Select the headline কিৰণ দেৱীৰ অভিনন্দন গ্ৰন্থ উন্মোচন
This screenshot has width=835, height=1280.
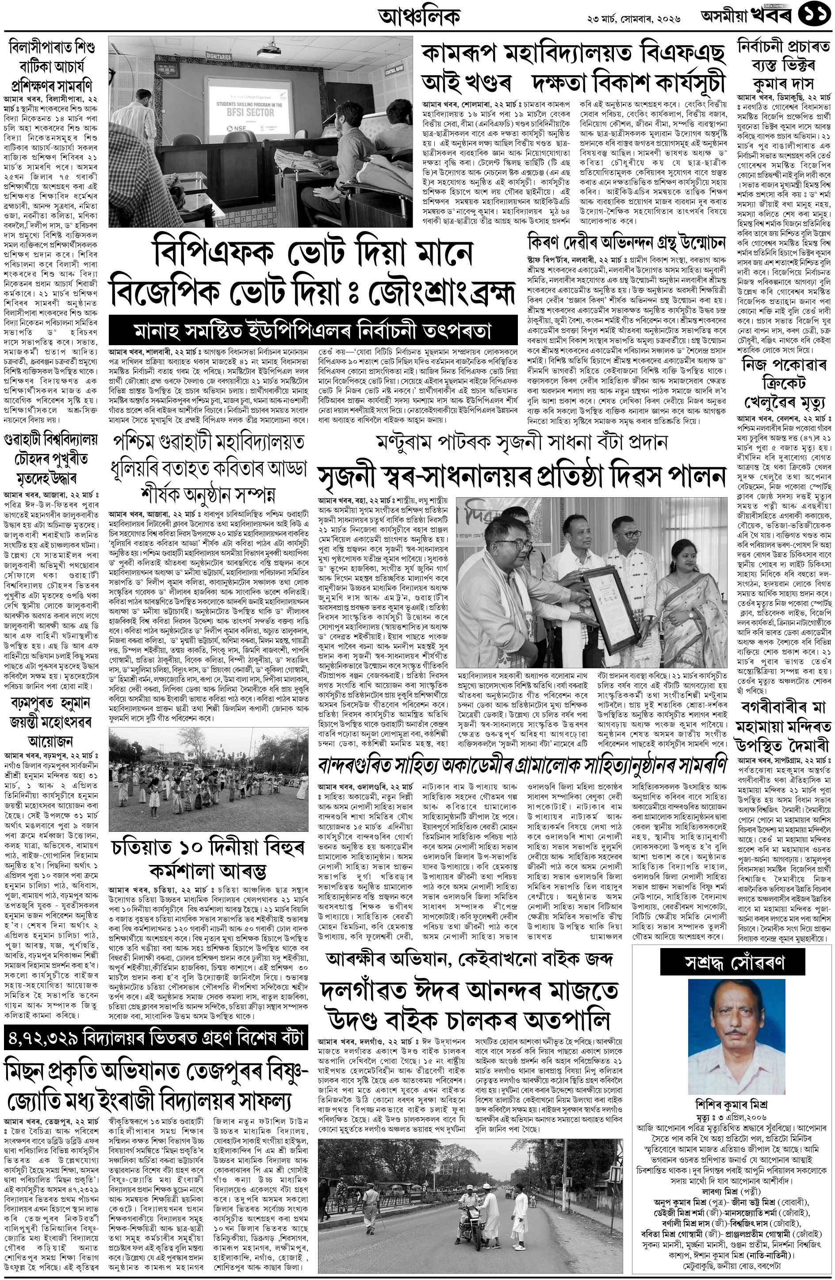pyautogui.click(x=626, y=243)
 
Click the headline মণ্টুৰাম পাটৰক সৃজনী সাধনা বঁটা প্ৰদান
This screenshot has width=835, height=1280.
pyautogui.click(x=522, y=442)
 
